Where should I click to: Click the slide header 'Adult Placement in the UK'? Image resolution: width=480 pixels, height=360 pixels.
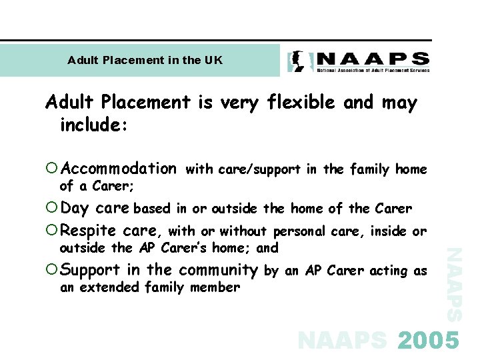145,60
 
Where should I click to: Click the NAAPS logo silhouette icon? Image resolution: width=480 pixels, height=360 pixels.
297,61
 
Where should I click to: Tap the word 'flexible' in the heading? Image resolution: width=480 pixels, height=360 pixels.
301,103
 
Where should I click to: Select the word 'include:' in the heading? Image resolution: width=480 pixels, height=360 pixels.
88,125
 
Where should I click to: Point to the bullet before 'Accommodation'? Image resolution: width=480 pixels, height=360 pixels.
53,169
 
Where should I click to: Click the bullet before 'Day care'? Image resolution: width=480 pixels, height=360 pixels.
53,209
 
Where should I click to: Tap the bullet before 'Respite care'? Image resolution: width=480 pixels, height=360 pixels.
53,231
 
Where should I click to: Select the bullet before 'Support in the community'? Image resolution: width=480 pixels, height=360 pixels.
53,270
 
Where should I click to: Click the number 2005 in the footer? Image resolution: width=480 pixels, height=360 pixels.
429,341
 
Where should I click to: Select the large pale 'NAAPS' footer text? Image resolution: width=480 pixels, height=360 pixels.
342,341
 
